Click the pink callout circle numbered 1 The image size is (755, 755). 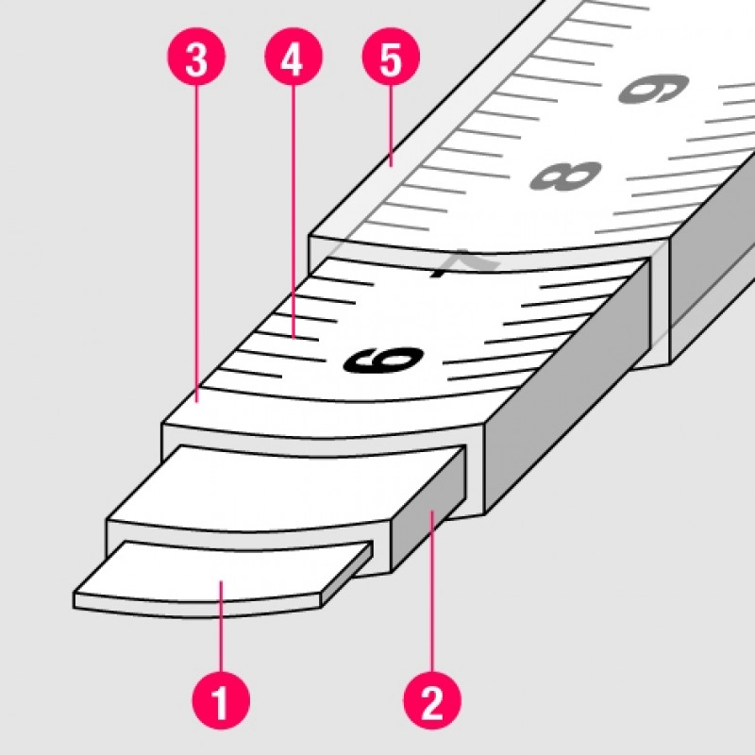221,700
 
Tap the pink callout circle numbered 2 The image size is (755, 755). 432,700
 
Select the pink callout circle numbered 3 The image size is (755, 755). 196,57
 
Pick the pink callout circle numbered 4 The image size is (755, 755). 294,57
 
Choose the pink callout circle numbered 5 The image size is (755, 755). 391,57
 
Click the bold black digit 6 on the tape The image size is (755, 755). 384,360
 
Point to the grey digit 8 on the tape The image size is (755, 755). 565,176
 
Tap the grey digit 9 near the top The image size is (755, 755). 653,89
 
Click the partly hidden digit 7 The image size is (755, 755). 464,263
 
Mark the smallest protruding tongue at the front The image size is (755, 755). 223,578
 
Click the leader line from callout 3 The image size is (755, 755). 196,243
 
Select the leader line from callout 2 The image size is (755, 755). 432,592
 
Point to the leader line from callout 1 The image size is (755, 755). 221,627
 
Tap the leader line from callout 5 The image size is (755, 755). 391,126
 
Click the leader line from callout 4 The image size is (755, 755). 294,211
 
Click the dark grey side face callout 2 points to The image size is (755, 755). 428,511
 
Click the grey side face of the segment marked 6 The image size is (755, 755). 565,385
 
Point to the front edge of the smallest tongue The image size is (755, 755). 197,607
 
